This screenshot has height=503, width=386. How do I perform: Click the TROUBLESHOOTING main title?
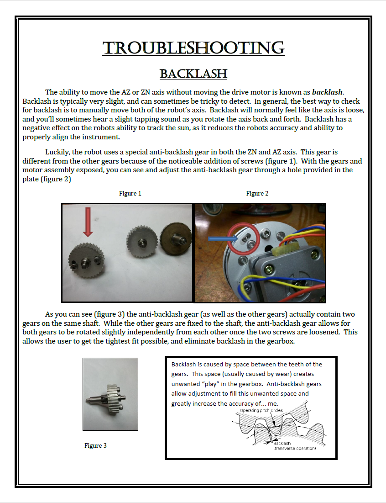193,48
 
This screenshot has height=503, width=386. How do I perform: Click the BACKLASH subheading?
193,74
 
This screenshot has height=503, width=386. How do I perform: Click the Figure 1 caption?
130,193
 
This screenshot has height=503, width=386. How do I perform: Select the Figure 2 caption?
257,193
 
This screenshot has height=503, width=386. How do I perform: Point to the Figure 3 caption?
95,445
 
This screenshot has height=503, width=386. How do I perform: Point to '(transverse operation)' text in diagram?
294,448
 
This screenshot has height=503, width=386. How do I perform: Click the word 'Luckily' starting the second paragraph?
56,152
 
